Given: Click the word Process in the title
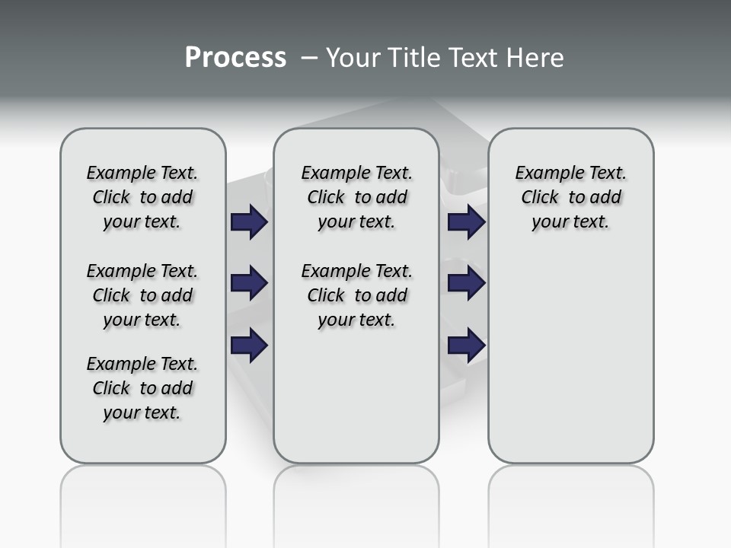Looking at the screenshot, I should pos(235,58).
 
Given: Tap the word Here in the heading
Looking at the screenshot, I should pos(535,58).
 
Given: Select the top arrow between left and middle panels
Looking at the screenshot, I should pos(249,222).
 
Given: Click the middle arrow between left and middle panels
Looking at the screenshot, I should pos(249,283).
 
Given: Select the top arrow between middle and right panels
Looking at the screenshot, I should pos(466,222).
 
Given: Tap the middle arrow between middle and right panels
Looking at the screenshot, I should pos(466,283).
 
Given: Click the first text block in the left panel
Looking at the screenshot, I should pos(142,197).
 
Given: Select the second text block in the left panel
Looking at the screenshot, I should pos(142,295).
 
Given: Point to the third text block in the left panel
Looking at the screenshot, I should pos(142,388).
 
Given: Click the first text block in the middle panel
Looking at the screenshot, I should pos(356,197).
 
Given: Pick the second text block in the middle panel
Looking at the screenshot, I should pos(356,295).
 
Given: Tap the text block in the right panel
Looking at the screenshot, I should pos(571,197).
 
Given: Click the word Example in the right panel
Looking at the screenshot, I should pos(544,174).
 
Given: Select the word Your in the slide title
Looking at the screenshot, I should pos(354,58).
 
